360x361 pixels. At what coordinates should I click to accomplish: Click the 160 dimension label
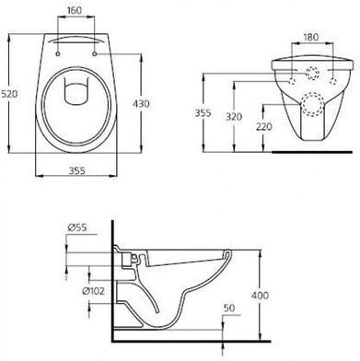point(75,10)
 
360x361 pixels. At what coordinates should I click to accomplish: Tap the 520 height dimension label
point(9,94)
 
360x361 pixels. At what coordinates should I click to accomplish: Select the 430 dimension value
point(141,104)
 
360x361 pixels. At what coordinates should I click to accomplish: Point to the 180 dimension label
point(311,37)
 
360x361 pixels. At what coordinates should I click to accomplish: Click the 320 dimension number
point(234,117)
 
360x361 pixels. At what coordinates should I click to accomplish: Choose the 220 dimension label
point(264,126)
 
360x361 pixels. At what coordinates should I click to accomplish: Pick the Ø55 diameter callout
point(77,227)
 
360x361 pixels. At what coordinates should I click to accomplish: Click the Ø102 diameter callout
point(93,291)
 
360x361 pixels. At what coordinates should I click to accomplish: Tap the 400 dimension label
point(260,296)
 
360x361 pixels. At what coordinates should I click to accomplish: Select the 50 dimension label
point(229,308)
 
